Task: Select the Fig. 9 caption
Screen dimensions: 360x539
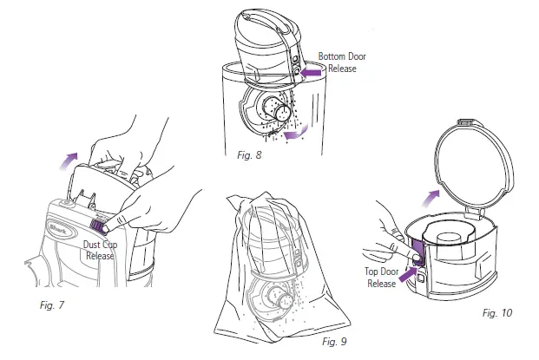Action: tap(334, 342)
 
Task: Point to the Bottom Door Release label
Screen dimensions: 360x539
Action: tap(341, 62)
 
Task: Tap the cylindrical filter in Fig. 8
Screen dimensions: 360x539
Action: tap(282, 114)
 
